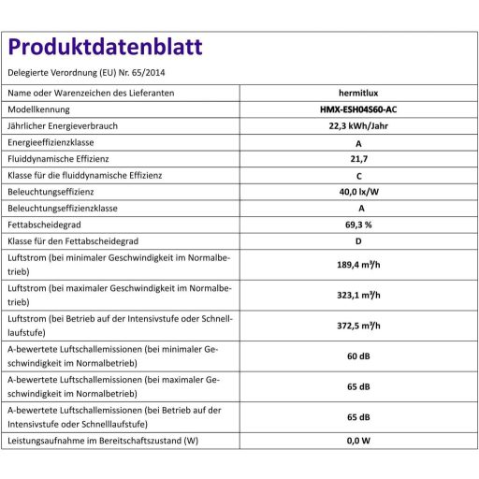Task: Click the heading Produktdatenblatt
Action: [x=104, y=48]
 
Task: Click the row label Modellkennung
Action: [x=41, y=109]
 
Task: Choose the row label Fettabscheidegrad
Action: [x=46, y=224]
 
